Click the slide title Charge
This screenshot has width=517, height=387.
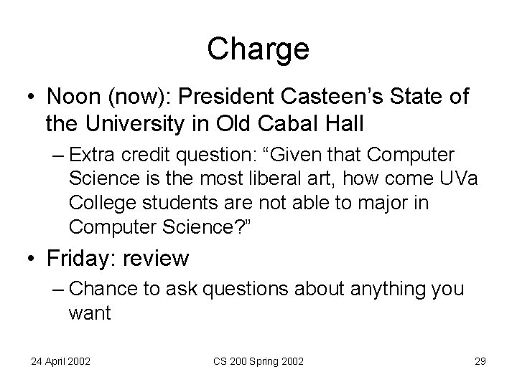[258, 49]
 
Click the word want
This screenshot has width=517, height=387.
[90, 313]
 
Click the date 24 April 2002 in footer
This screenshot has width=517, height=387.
[60, 361]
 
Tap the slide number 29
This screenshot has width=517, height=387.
[480, 361]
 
